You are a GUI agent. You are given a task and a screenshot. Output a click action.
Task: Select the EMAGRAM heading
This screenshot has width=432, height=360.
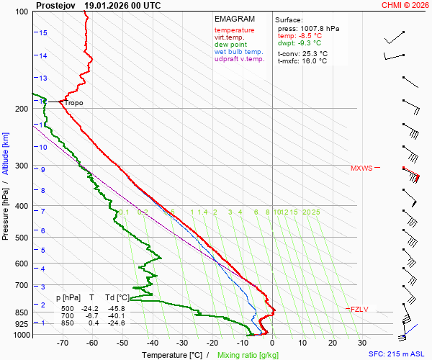234,19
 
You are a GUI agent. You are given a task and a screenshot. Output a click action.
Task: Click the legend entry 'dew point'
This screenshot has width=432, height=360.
230,45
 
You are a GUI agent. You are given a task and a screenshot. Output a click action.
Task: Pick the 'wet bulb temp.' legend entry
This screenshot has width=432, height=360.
239,52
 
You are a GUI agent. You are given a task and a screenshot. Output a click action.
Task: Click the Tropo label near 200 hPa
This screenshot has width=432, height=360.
73,103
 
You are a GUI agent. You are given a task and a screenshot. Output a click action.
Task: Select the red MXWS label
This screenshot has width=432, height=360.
361,168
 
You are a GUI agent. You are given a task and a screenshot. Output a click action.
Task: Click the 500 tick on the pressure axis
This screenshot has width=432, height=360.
21,238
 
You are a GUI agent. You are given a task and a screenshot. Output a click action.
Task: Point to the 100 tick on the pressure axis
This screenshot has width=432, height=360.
21,12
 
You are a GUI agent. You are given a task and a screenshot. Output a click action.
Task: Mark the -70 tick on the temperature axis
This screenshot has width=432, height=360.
62,343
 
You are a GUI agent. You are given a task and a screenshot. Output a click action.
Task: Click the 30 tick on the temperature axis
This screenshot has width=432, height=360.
361,343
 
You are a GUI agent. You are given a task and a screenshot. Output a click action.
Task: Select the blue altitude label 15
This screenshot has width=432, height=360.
43,33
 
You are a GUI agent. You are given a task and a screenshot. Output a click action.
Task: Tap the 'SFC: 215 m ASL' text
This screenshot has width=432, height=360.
396,354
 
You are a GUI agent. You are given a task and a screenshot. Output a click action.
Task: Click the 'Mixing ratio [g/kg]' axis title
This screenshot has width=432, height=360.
248,355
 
